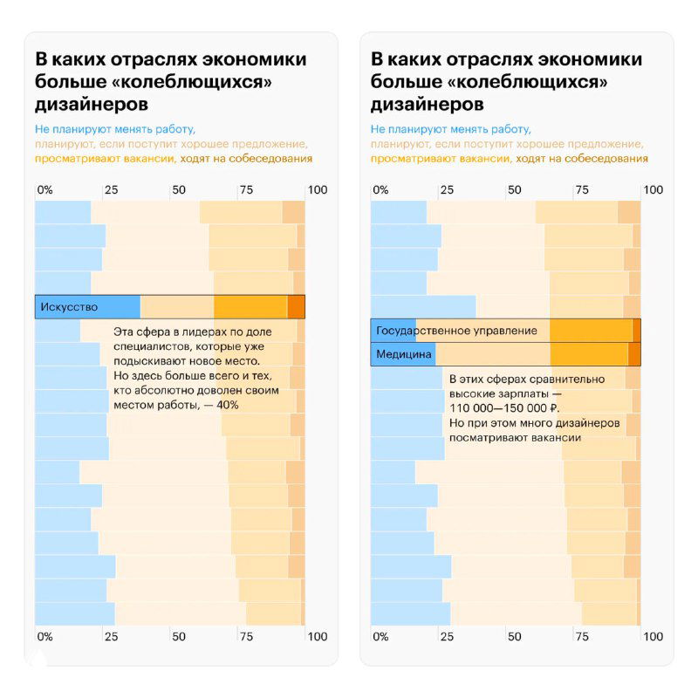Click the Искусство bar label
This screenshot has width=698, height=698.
pyautogui.click(x=66, y=307)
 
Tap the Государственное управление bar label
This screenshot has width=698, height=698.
pyautogui.click(x=444, y=331)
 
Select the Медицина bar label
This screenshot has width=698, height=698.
pyautogui.click(x=404, y=354)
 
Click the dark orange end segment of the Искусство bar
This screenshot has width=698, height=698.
pyautogui.click(x=297, y=307)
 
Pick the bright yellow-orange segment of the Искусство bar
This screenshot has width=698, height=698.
pyautogui.click(x=250, y=307)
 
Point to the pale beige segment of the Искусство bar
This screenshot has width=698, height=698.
pyautogui.click(x=177, y=307)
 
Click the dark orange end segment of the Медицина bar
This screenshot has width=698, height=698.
pyautogui.click(x=634, y=354)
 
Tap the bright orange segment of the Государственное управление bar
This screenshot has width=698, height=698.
pyautogui.click(x=591, y=331)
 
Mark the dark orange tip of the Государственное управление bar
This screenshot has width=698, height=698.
pyautogui.click(x=637, y=331)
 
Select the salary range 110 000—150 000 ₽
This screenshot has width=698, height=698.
pyautogui.click(x=504, y=407)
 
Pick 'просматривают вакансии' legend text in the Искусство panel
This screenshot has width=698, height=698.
pyautogui.click(x=105, y=159)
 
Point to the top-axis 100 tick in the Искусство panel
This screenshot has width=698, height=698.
pyautogui.click(x=318, y=189)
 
